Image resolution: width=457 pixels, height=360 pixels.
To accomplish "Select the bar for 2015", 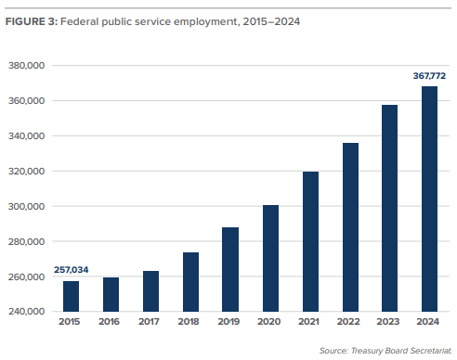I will click(x=71, y=296).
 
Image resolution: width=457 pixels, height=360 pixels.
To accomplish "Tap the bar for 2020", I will click(x=270, y=258).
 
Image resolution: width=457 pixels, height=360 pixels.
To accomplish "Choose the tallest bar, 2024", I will click(x=429, y=199).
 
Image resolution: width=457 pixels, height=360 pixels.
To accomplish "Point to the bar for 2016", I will click(x=111, y=294).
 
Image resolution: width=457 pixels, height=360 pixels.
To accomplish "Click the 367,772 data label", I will click(x=429, y=75).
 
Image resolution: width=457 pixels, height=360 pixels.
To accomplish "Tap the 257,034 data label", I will click(x=70, y=270).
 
